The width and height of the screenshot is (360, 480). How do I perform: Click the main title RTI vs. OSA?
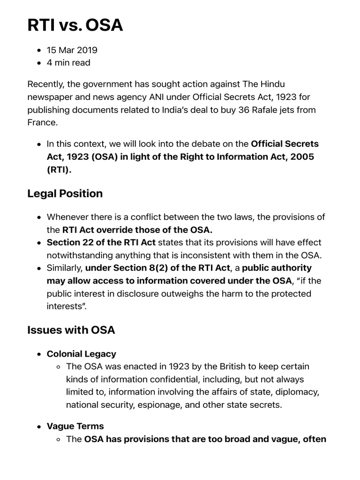[x=75, y=24]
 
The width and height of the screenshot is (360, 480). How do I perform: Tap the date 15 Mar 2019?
[x=72, y=50]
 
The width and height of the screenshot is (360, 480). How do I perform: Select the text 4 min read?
[x=68, y=63]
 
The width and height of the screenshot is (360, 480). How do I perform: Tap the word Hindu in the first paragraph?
[x=271, y=84]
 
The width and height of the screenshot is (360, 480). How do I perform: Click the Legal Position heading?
[x=65, y=194]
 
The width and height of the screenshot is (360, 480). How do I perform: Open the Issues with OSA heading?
[x=71, y=330]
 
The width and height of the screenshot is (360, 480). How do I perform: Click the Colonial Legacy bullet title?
[x=81, y=354]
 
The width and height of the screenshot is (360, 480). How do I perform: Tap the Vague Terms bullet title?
[x=75, y=427]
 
